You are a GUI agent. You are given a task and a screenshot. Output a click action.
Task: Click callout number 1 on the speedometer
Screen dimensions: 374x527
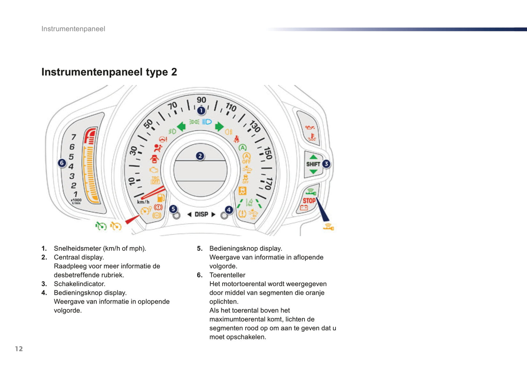click(x=201, y=110)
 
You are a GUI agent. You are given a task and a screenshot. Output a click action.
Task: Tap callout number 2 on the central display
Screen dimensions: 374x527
click(x=199, y=156)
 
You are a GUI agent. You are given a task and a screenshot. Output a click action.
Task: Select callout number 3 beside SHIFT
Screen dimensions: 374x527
click(x=326, y=164)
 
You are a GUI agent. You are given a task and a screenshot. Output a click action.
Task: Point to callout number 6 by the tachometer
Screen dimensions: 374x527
click(x=62, y=163)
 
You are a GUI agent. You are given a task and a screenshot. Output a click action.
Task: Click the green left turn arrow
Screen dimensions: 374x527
click(x=181, y=126)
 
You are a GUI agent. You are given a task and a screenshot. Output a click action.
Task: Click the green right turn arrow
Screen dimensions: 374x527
click(x=219, y=126)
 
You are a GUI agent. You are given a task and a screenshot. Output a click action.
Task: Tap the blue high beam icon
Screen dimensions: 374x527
click(x=207, y=122)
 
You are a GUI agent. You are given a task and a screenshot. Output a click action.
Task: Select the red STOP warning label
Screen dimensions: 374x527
click(x=309, y=200)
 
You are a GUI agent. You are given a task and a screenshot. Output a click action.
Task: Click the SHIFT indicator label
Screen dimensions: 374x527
click(x=313, y=164)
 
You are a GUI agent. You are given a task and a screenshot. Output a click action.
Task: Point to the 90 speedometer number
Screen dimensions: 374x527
click(x=201, y=100)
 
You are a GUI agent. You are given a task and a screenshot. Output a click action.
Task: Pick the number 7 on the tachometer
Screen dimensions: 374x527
click(x=74, y=137)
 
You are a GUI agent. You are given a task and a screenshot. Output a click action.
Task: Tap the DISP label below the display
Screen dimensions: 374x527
click(x=201, y=214)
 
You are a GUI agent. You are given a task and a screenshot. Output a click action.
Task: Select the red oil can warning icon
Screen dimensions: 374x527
click(x=310, y=128)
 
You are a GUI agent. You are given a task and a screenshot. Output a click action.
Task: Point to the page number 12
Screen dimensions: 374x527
click(x=19, y=349)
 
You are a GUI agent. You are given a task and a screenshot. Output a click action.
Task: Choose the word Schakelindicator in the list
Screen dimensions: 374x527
click(x=80, y=284)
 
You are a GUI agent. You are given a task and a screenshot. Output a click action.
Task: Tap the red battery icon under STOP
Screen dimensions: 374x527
click(x=304, y=208)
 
